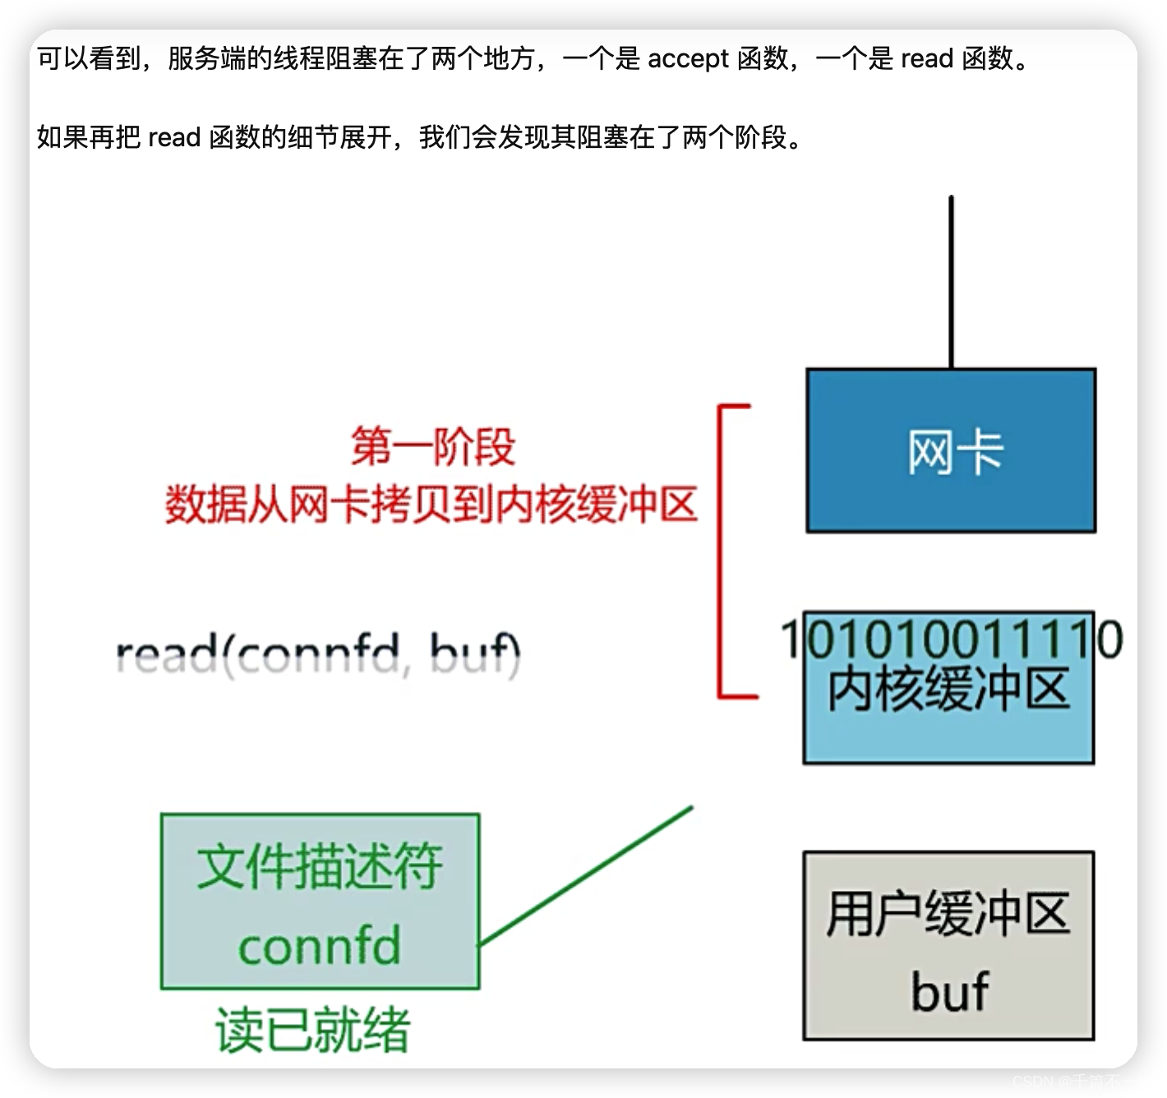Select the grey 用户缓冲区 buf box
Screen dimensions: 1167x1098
point(948,945)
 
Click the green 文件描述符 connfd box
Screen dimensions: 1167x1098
point(320,902)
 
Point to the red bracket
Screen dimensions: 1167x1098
point(722,551)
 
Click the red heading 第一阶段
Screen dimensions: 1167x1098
point(433,447)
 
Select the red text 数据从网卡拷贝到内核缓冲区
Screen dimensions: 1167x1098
point(431,505)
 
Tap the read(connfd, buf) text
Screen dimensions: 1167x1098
point(319,656)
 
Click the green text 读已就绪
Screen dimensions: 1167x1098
point(313,1029)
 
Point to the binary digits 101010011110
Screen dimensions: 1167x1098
point(951,639)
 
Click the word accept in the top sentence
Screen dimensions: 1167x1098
point(688,59)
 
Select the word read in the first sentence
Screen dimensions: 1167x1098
point(927,59)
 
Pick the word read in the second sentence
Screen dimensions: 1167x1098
point(174,137)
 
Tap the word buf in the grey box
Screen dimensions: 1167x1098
point(949,991)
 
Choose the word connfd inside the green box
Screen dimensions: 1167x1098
point(320,946)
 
